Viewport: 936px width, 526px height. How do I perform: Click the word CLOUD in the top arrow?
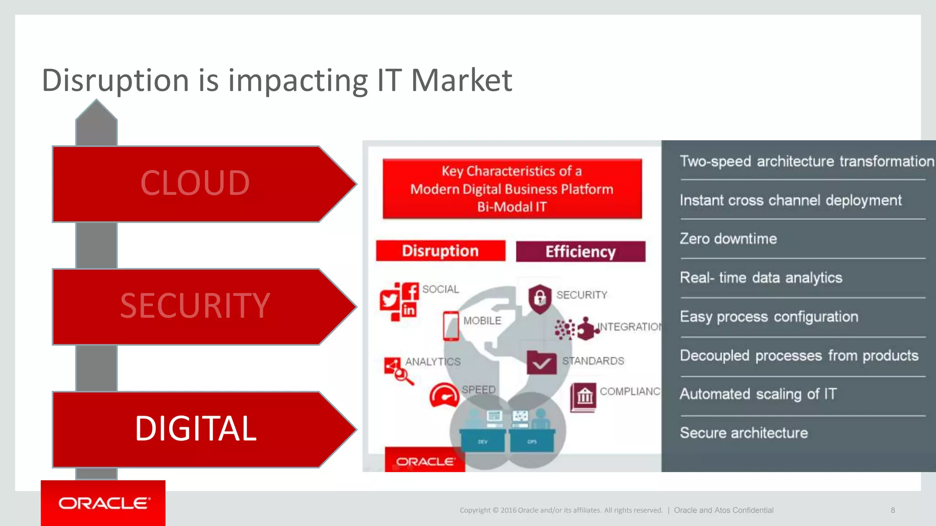195,183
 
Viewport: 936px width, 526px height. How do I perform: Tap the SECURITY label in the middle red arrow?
195,305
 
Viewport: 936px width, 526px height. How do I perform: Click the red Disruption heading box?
440,251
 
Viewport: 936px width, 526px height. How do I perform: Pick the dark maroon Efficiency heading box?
580,252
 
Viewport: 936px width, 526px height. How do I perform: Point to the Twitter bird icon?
389,300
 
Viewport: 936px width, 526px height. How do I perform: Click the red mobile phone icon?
451,326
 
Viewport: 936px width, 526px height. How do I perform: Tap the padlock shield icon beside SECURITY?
540,299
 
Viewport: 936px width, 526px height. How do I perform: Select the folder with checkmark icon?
542,363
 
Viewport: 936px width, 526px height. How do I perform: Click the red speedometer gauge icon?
444,395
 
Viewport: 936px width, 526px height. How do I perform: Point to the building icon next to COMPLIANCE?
584,396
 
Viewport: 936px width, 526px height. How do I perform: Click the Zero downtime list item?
728,239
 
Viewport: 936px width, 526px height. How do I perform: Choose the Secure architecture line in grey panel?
744,433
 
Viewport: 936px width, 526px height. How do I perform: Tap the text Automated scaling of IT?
758,394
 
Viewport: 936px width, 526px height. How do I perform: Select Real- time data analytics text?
760,278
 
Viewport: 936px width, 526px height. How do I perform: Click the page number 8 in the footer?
893,510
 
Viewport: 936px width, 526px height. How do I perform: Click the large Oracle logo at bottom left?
103,503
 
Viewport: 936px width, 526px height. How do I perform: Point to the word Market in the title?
462,80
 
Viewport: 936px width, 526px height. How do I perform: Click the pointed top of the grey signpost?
96,110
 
